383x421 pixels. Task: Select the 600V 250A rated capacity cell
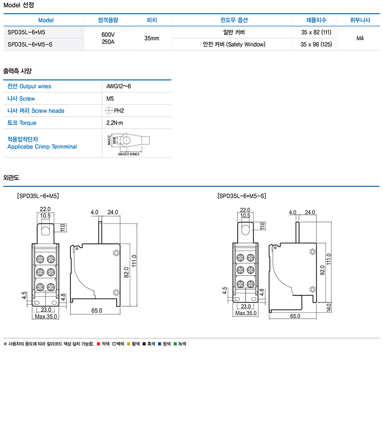click(108, 38)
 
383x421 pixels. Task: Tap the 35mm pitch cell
click(151, 38)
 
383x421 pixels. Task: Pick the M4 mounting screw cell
click(360, 38)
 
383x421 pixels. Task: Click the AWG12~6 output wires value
click(119, 87)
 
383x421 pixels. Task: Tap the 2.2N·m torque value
click(115, 123)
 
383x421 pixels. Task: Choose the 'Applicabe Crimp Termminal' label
click(42, 147)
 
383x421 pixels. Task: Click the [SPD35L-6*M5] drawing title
click(38, 196)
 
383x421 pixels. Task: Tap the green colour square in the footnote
click(176, 344)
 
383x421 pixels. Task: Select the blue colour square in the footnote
click(159, 344)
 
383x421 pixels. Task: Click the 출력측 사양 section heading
click(17, 70)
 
